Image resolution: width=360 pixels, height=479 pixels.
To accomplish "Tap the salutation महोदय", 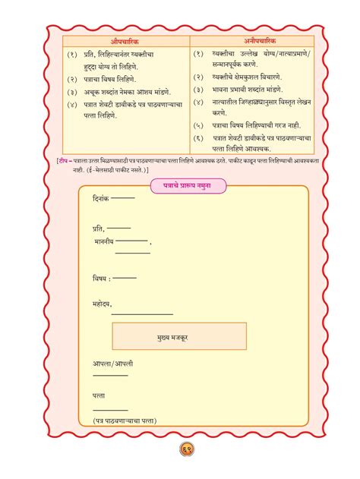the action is coord(101,304).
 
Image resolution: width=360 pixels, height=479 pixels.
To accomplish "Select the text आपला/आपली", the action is coord(111,364).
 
